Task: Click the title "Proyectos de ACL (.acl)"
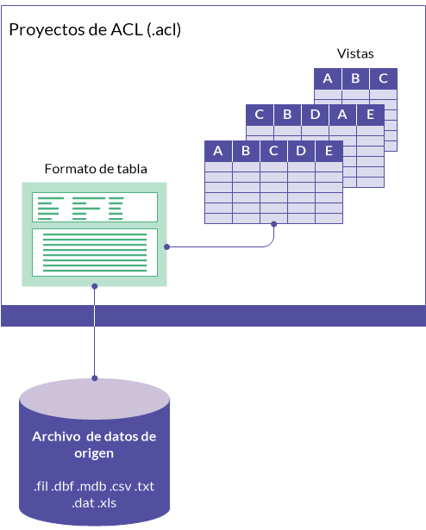(95, 30)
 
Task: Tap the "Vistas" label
(355, 53)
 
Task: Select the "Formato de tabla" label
(96, 169)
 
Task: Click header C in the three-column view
(384, 78)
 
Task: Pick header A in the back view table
(328, 78)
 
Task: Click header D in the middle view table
(315, 115)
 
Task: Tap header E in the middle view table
(371, 115)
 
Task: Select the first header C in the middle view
(260, 115)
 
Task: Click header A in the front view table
(218, 151)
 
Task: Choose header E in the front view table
(329, 151)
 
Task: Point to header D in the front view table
(301, 151)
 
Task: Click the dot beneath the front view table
(274, 224)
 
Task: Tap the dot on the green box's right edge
(166, 247)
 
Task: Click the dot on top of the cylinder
(95, 378)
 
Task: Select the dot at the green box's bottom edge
(95, 286)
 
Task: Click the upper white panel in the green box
(95, 207)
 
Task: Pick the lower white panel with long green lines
(95, 253)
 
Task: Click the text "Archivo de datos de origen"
(94, 445)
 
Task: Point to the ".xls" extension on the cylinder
(107, 503)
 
